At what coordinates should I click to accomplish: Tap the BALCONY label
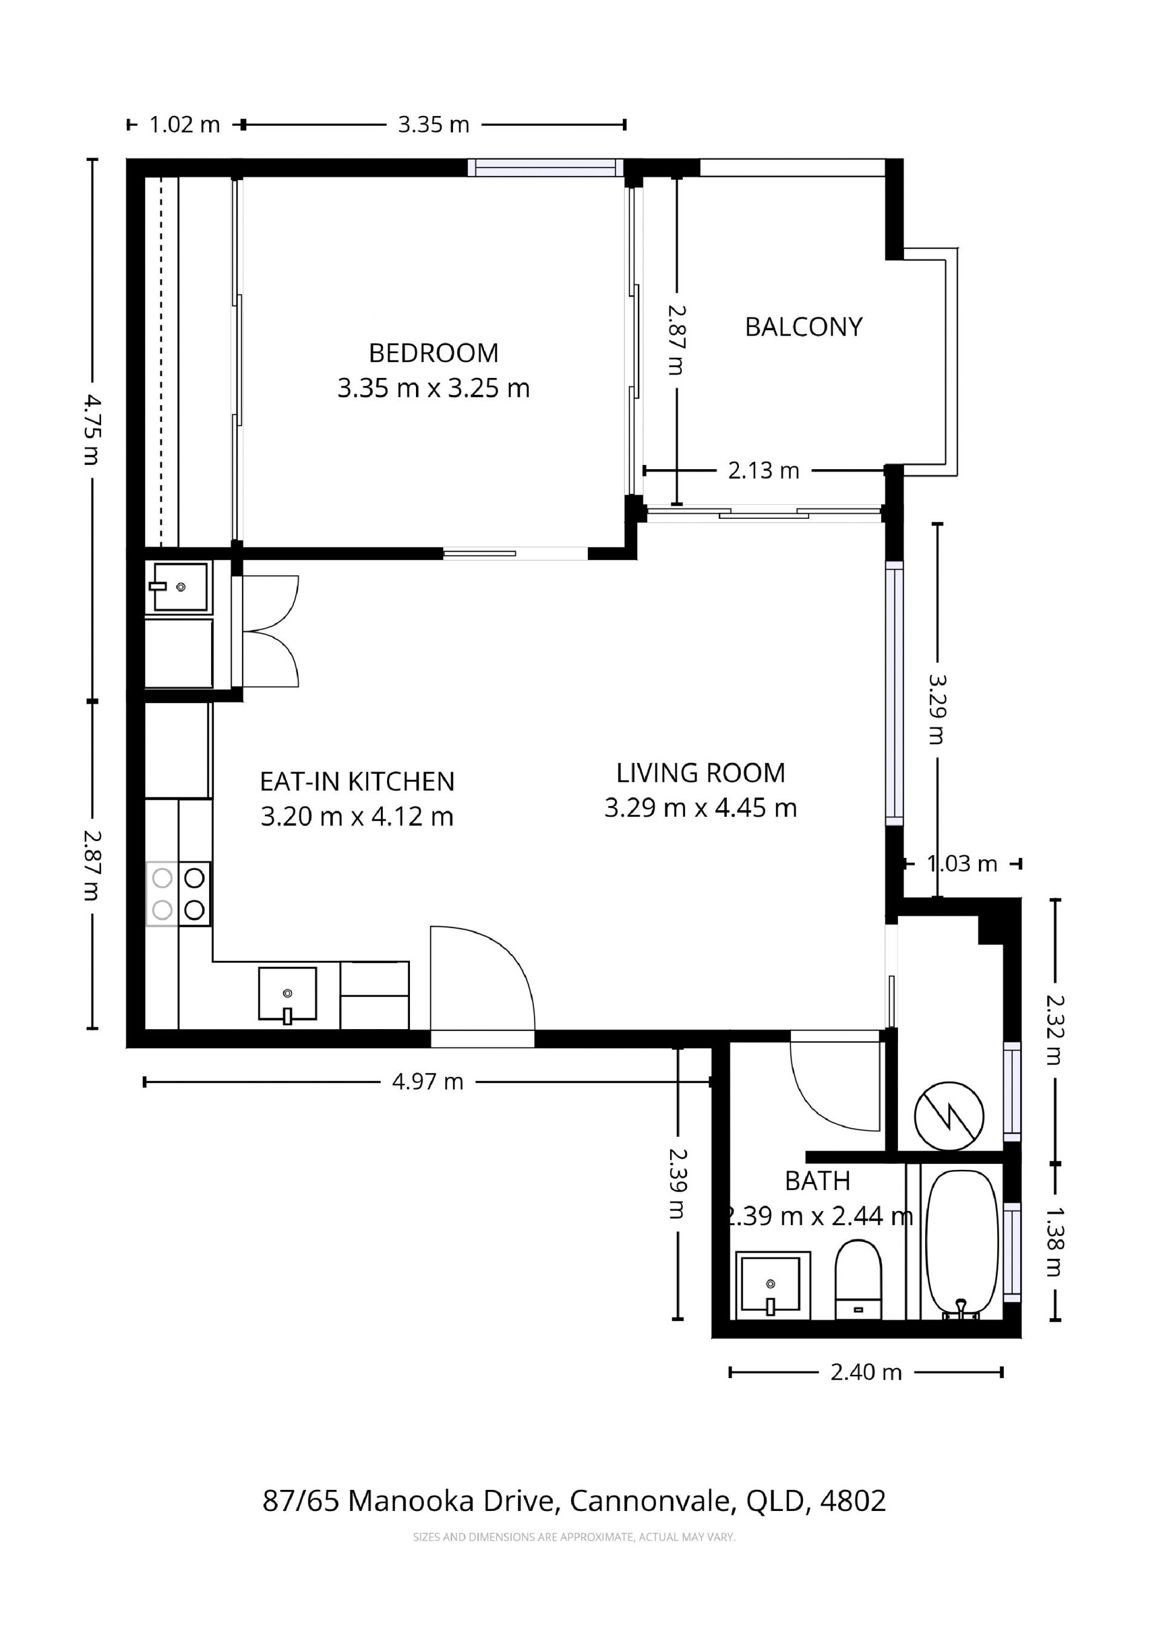point(804,327)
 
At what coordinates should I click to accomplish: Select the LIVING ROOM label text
point(701,773)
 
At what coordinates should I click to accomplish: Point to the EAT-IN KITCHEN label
point(357,782)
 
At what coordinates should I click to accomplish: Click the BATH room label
point(817,1181)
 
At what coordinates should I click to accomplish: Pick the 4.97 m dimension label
point(428,1082)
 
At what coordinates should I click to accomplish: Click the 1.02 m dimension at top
point(184,125)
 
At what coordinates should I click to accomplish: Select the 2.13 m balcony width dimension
point(764,470)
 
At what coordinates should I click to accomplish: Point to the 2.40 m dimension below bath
point(866,1373)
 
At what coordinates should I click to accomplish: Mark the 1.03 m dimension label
point(962,864)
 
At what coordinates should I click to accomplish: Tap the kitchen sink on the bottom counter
point(287,994)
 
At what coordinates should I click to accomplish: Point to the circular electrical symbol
point(949,1116)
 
